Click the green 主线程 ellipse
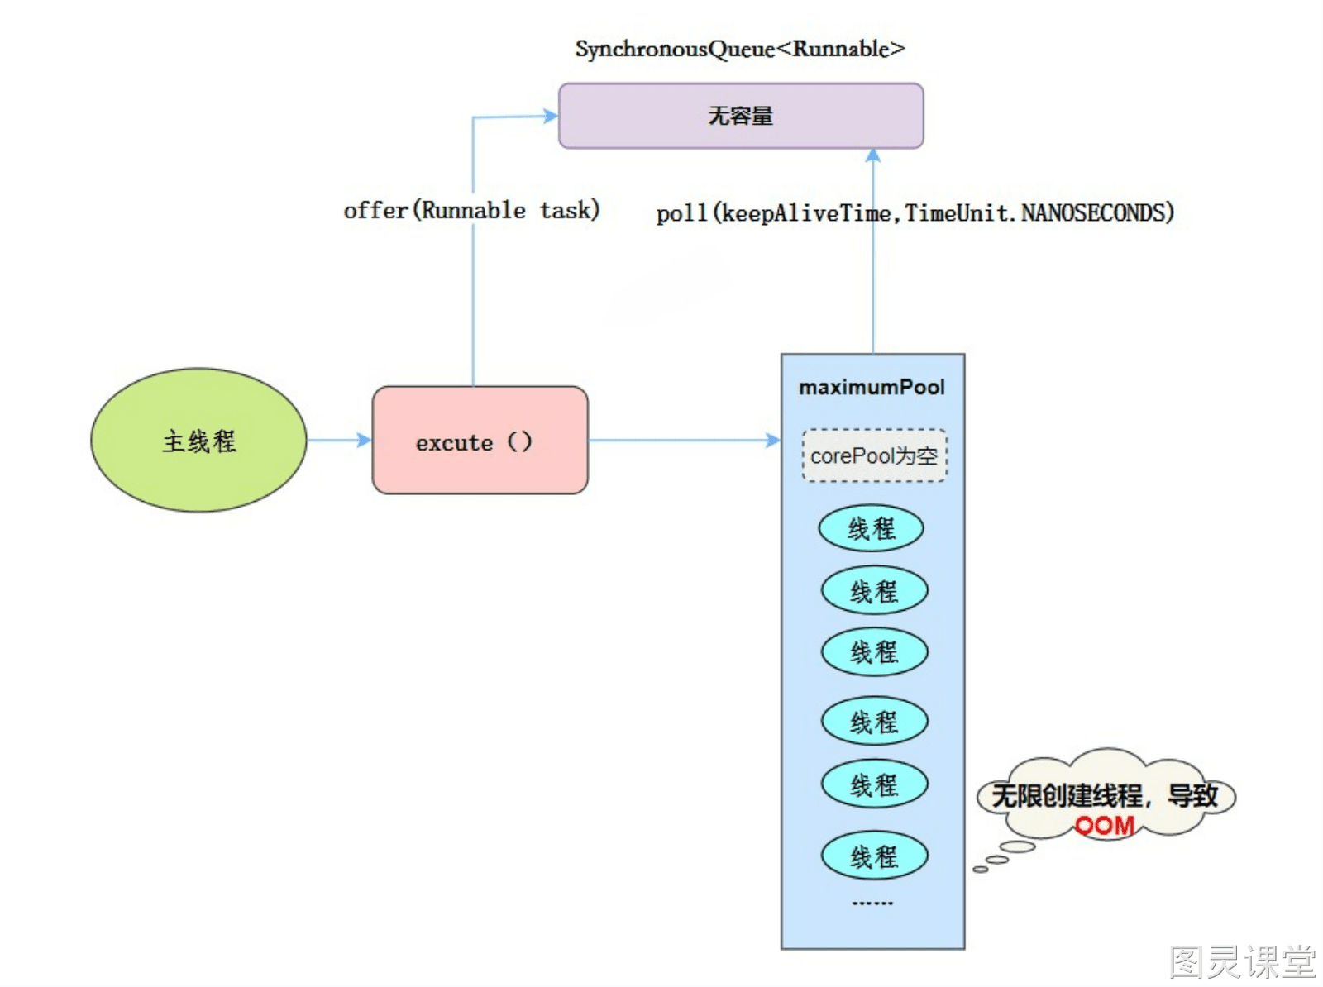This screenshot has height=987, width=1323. click(198, 441)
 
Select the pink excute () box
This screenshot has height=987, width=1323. click(480, 441)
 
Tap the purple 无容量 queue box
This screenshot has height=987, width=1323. click(741, 116)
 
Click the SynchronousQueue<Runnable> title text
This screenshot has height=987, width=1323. click(740, 49)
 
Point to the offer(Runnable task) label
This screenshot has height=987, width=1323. click(472, 210)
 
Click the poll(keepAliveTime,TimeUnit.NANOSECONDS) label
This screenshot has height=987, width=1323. click(915, 212)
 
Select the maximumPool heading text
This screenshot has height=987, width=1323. click(872, 388)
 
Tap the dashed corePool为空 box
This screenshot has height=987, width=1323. click(874, 455)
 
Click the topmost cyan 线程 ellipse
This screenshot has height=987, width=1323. click(871, 528)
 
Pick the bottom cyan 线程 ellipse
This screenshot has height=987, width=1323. click(874, 856)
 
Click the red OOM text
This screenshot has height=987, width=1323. click(1104, 826)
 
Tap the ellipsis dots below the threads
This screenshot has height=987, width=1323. click(872, 903)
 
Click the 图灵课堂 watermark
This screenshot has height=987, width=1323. click(1242, 961)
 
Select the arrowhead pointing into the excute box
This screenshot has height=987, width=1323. click(364, 440)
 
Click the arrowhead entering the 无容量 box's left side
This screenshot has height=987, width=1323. click(551, 115)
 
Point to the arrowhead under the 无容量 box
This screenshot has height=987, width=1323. click(872, 156)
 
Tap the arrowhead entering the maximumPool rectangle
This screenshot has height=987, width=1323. click(773, 440)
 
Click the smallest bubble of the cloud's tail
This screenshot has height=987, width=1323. click(981, 870)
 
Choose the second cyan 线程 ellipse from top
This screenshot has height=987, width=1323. click(874, 590)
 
